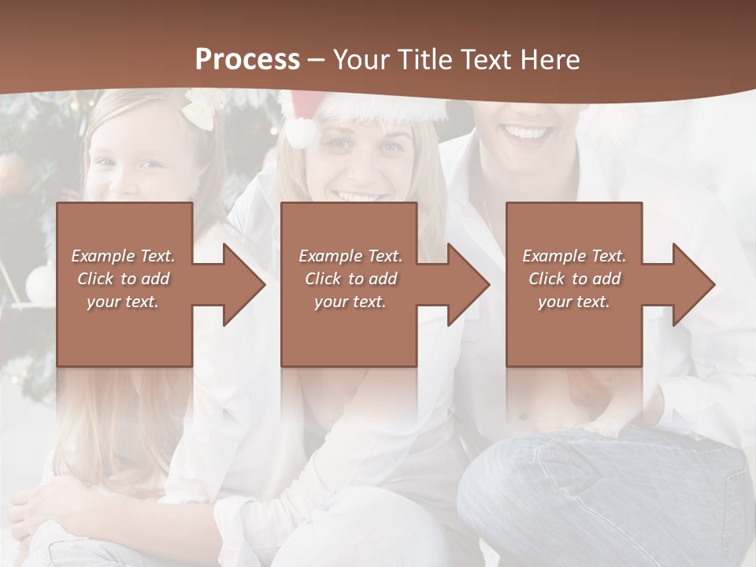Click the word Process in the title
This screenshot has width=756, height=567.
point(247,60)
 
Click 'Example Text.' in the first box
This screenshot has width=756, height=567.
point(123,256)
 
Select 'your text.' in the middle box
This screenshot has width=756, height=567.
point(350,302)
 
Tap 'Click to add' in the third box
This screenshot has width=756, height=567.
point(574,279)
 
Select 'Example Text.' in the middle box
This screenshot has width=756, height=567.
point(350,256)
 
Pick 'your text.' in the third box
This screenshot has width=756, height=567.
point(574,302)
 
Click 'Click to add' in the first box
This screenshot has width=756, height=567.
point(123,279)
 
